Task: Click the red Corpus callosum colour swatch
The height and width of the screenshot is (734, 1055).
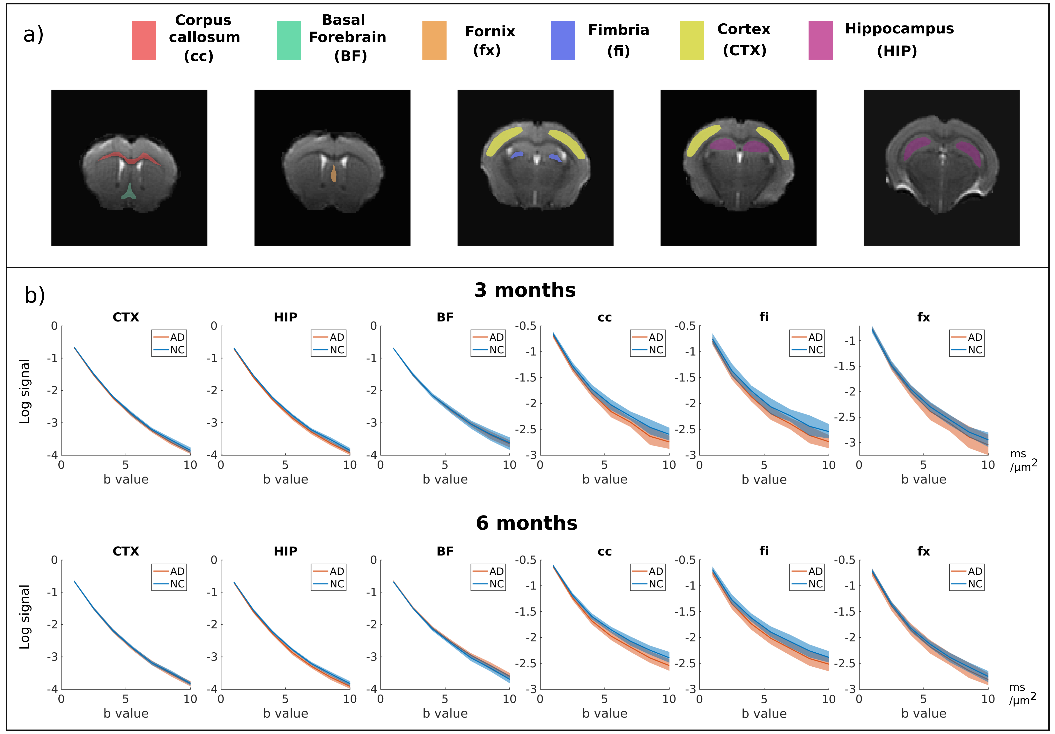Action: coord(144,41)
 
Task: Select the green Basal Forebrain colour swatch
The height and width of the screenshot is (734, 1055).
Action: coord(289,41)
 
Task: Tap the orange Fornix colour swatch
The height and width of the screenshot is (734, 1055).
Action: coord(434,41)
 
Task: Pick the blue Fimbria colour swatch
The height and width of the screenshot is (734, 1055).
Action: coord(563,41)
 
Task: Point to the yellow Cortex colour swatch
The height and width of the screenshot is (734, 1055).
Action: coord(691,41)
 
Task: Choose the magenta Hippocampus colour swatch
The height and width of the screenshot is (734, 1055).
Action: coord(820,41)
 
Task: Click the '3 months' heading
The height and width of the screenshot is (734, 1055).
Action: coord(525,290)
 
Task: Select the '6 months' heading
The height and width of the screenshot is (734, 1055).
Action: coord(527,523)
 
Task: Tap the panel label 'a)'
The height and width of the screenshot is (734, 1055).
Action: coord(33,34)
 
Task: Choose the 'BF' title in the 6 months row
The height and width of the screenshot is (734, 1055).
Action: coord(445,551)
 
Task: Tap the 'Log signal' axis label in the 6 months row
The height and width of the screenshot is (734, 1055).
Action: coord(24,617)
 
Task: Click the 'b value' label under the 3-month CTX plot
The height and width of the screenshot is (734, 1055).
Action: coord(126,479)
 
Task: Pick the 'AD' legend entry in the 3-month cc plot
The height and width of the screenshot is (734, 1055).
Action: coord(656,337)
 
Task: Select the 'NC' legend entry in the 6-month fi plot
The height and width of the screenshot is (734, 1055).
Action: coord(815,584)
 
